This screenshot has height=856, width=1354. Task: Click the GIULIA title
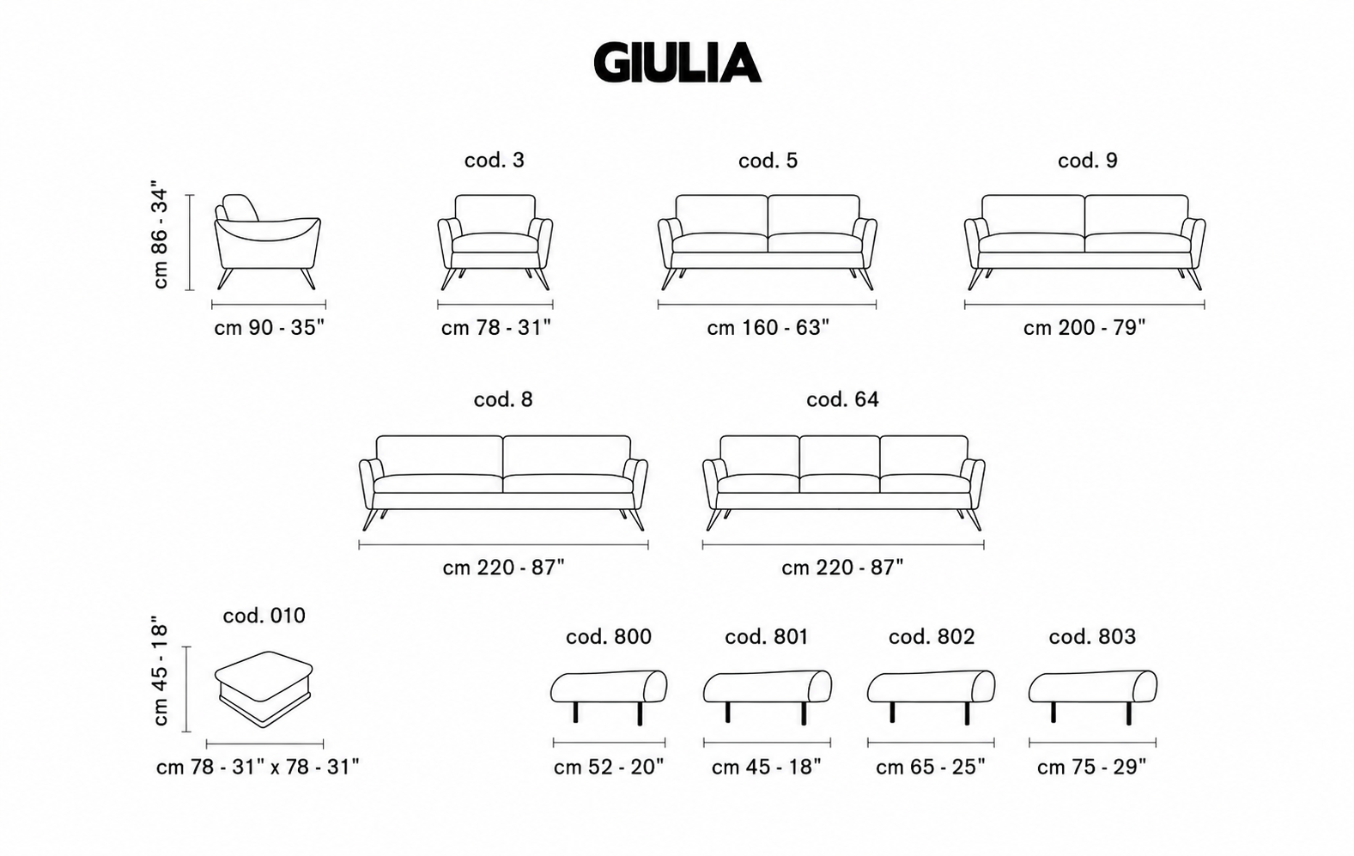click(677, 62)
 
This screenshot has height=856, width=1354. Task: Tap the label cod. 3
click(495, 161)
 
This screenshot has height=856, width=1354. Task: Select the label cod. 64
click(842, 399)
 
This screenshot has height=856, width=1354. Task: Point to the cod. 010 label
click(264, 616)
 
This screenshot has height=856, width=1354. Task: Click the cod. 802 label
click(932, 636)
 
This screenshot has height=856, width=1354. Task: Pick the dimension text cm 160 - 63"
click(768, 328)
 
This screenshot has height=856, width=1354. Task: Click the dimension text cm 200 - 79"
click(1084, 328)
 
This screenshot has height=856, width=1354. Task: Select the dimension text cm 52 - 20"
click(609, 767)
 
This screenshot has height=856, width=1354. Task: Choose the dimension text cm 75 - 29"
click(1091, 767)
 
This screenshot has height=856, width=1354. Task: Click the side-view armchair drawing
click(268, 242)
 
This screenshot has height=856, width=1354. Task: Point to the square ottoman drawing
click(264, 689)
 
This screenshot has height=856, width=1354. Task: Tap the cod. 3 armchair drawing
click(495, 242)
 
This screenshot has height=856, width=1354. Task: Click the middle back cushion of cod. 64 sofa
click(840, 455)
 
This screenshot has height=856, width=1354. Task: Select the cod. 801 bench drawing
click(767, 696)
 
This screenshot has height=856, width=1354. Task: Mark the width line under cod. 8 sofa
click(503, 545)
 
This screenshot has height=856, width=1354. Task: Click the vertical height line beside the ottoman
click(187, 689)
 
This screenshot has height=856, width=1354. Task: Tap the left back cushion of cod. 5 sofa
click(722, 215)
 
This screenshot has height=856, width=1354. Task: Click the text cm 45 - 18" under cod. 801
click(767, 767)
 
